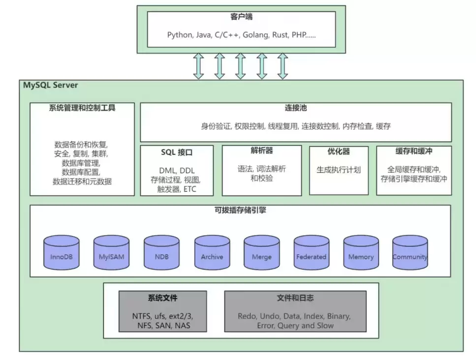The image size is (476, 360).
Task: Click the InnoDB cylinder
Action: pos(62,253)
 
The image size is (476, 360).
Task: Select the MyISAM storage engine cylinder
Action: pos(112,253)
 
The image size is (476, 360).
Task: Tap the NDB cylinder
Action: pos(162,253)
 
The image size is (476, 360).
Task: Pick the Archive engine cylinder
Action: pos(212,253)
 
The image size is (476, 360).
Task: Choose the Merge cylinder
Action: pos(261,253)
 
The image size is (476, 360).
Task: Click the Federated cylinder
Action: pos(311,253)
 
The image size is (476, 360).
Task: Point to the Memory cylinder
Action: pos(361,253)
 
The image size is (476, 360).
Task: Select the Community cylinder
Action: pos(410,253)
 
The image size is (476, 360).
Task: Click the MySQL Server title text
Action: pos(50,85)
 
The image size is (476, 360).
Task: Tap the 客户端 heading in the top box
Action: pos(241,17)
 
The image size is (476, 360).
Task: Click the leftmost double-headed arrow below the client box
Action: pos(198,66)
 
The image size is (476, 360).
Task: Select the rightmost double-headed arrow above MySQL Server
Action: pos(283,66)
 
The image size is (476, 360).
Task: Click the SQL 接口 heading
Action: pos(177,152)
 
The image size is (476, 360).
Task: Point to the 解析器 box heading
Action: pos(261,151)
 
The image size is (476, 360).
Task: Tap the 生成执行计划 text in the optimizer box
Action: pos(338,170)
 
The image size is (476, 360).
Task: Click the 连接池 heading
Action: pos(296,108)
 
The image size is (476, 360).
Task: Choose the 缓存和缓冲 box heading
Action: pos(413,151)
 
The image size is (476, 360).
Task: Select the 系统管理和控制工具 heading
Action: pos(82,108)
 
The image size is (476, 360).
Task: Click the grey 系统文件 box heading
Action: pos(162,298)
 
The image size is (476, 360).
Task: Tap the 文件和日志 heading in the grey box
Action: pos(295,298)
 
